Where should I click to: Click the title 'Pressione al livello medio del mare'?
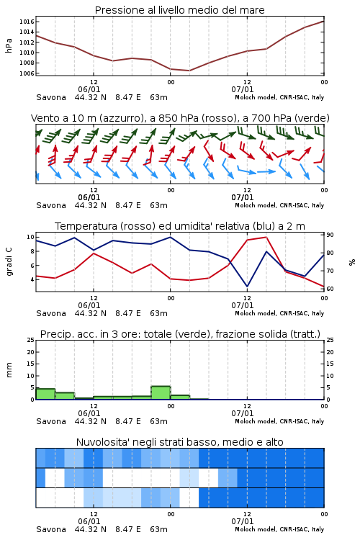[x=179, y=10]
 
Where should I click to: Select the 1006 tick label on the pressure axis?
[x=27, y=73]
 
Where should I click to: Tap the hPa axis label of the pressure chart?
[x=9, y=45]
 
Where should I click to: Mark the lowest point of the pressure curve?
[x=189, y=71]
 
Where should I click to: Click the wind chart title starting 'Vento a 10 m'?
[x=180, y=118]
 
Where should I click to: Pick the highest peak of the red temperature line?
[x=266, y=237]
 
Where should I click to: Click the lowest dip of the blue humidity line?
[x=247, y=287]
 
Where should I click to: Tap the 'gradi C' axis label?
[x=9, y=261]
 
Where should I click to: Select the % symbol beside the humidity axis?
[x=352, y=262]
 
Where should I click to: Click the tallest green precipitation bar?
[x=161, y=393]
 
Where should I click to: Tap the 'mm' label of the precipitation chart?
[x=9, y=370]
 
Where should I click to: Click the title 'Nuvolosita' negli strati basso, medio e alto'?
[x=179, y=442]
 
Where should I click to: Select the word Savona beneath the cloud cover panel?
[x=51, y=529]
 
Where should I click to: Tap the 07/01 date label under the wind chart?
[x=243, y=197]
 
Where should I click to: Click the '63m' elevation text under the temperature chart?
[x=158, y=313]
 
